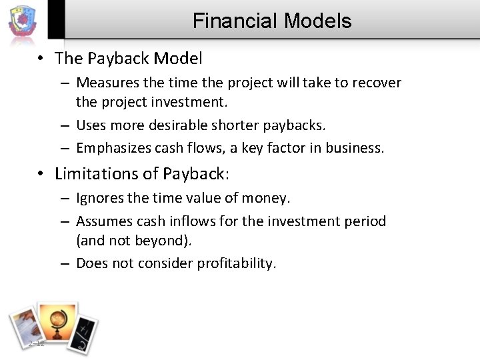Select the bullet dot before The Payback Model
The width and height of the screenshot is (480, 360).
[41, 59]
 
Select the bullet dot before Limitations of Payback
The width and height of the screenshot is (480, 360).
[41, 175]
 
